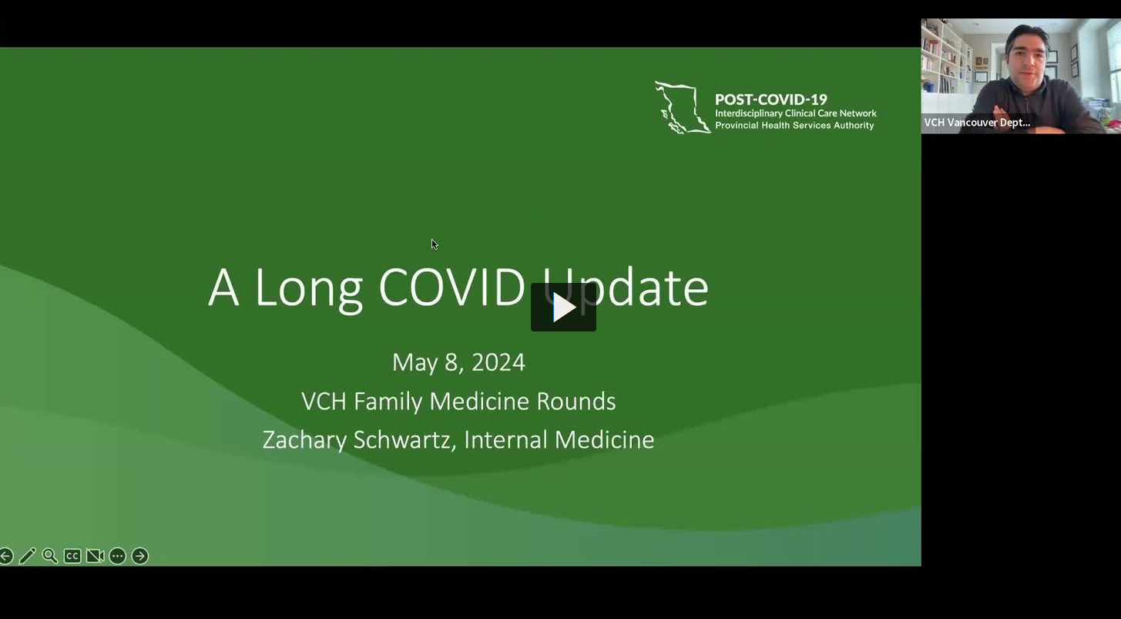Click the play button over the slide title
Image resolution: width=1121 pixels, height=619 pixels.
click(x=563, y=308)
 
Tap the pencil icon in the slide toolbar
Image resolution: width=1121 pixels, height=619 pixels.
click(x=28, y=556)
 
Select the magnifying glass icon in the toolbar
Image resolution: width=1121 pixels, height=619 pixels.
click(x=50, y=556)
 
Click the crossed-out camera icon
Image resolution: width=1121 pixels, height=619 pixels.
click(x=95, y=556)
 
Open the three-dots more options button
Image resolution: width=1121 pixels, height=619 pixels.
click(x=117, y=556)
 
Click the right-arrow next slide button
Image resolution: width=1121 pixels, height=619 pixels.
click(x=139, y=556)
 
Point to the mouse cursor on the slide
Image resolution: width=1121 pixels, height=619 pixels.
click(x=434, y=244)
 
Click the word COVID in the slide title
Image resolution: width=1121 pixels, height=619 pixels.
click(x=451, y=288)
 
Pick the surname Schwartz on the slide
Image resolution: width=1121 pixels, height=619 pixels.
click(x=404, y=440)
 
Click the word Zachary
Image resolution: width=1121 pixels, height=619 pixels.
click(x=304, y=440)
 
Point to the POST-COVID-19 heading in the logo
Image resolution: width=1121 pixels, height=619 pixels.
click(x=770, y=99)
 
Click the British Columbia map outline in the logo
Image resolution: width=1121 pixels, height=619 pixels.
click(x=681, y=107)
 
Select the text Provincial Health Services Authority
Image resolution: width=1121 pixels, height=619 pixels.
click(x=794, y=126)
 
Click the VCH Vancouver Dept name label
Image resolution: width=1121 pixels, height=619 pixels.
click(x=977, y=123)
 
